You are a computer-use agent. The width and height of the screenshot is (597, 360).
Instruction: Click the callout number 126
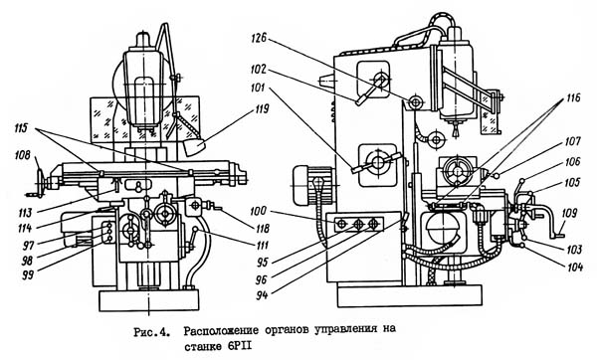(259, 38)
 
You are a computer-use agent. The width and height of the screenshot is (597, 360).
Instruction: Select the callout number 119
(261, 109)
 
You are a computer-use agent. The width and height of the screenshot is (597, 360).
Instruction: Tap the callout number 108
(22, 156)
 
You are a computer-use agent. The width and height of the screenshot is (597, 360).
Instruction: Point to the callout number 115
(21, 128)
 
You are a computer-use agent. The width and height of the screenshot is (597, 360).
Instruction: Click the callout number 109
(569, 213)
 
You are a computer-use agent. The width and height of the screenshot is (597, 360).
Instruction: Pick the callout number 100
(260, 211)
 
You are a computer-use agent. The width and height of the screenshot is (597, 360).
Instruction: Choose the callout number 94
(262, 295)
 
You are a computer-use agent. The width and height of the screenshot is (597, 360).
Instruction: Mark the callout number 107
(573, 142)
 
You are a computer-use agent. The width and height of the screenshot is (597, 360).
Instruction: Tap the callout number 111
(261, 246)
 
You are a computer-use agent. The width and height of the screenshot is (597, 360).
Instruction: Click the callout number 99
(28, 274)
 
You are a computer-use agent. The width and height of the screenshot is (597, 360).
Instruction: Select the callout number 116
(573, 97)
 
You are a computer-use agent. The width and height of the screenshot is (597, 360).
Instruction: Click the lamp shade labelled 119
(194, 147)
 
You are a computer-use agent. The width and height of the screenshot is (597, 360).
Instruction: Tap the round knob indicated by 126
(415, 101)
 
